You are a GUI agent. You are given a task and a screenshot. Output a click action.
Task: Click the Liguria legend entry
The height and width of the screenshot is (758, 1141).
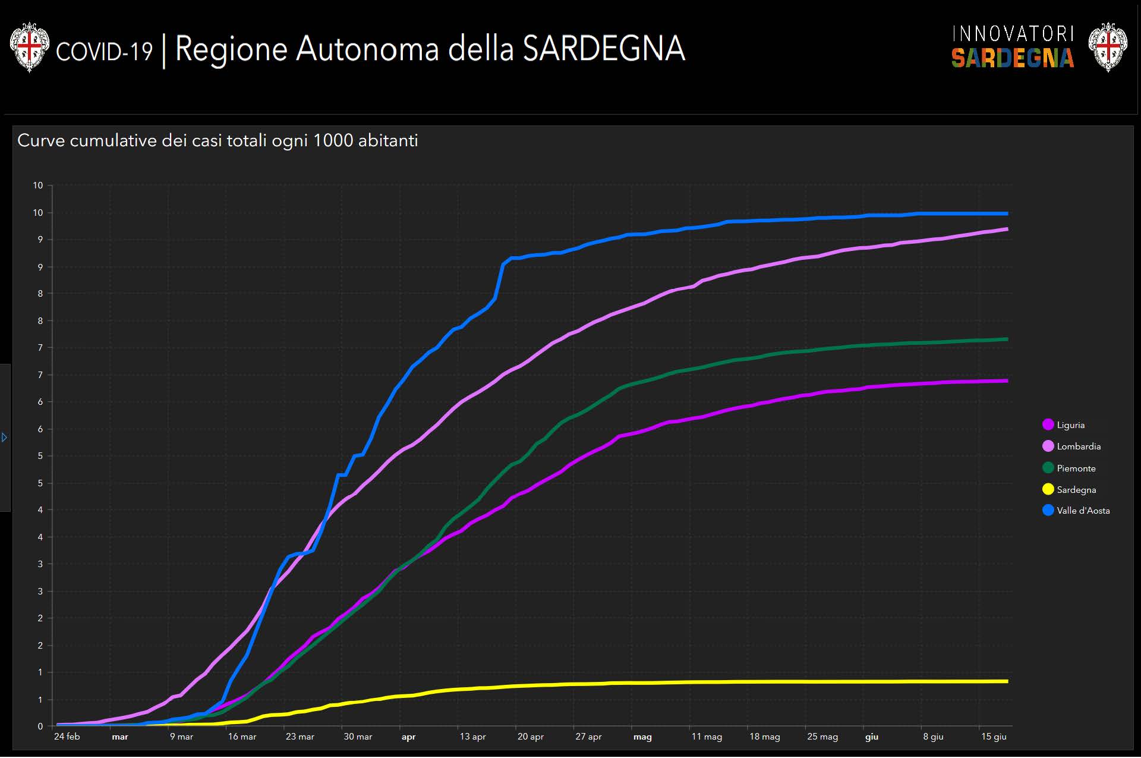click(1070, 425)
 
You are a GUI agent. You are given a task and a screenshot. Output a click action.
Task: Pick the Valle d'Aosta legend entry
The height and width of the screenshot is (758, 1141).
click(1082, 511)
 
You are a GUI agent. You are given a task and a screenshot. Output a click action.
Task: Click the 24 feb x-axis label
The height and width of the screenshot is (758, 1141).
click(67, 737)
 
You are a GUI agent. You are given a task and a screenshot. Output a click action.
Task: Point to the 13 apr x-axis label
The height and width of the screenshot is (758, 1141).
click(472, 737)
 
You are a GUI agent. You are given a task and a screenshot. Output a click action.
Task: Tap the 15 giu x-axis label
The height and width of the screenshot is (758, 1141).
click(994, 737)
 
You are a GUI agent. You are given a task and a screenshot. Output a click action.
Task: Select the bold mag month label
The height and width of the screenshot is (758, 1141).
click(642, 737)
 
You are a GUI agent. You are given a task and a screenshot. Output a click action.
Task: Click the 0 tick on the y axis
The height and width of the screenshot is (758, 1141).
click(40, 726)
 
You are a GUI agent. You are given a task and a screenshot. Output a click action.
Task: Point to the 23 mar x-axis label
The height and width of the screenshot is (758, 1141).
click(300, 737)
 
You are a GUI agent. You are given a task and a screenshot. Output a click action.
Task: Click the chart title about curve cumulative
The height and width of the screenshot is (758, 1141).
click(218, 141)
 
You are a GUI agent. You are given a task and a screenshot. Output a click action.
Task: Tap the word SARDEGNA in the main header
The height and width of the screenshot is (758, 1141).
click(604, 49)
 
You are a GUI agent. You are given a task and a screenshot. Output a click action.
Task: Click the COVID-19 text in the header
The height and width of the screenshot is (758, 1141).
click(104, 52)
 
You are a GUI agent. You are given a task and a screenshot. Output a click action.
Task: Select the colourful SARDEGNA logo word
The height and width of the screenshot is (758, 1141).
click(1012, 58)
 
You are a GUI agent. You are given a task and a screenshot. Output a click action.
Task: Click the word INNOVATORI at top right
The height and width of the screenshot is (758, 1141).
click(1013, 34)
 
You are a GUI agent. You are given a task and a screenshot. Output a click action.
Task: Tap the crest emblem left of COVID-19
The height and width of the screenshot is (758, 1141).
click(29, 47)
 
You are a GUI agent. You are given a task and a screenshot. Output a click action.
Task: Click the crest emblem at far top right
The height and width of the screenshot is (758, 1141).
click(1108, 47)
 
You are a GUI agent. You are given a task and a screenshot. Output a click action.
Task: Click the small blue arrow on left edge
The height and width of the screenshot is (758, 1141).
click(4, 438)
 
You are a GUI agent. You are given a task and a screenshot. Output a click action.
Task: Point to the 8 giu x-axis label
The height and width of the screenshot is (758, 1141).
click(933, 737)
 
